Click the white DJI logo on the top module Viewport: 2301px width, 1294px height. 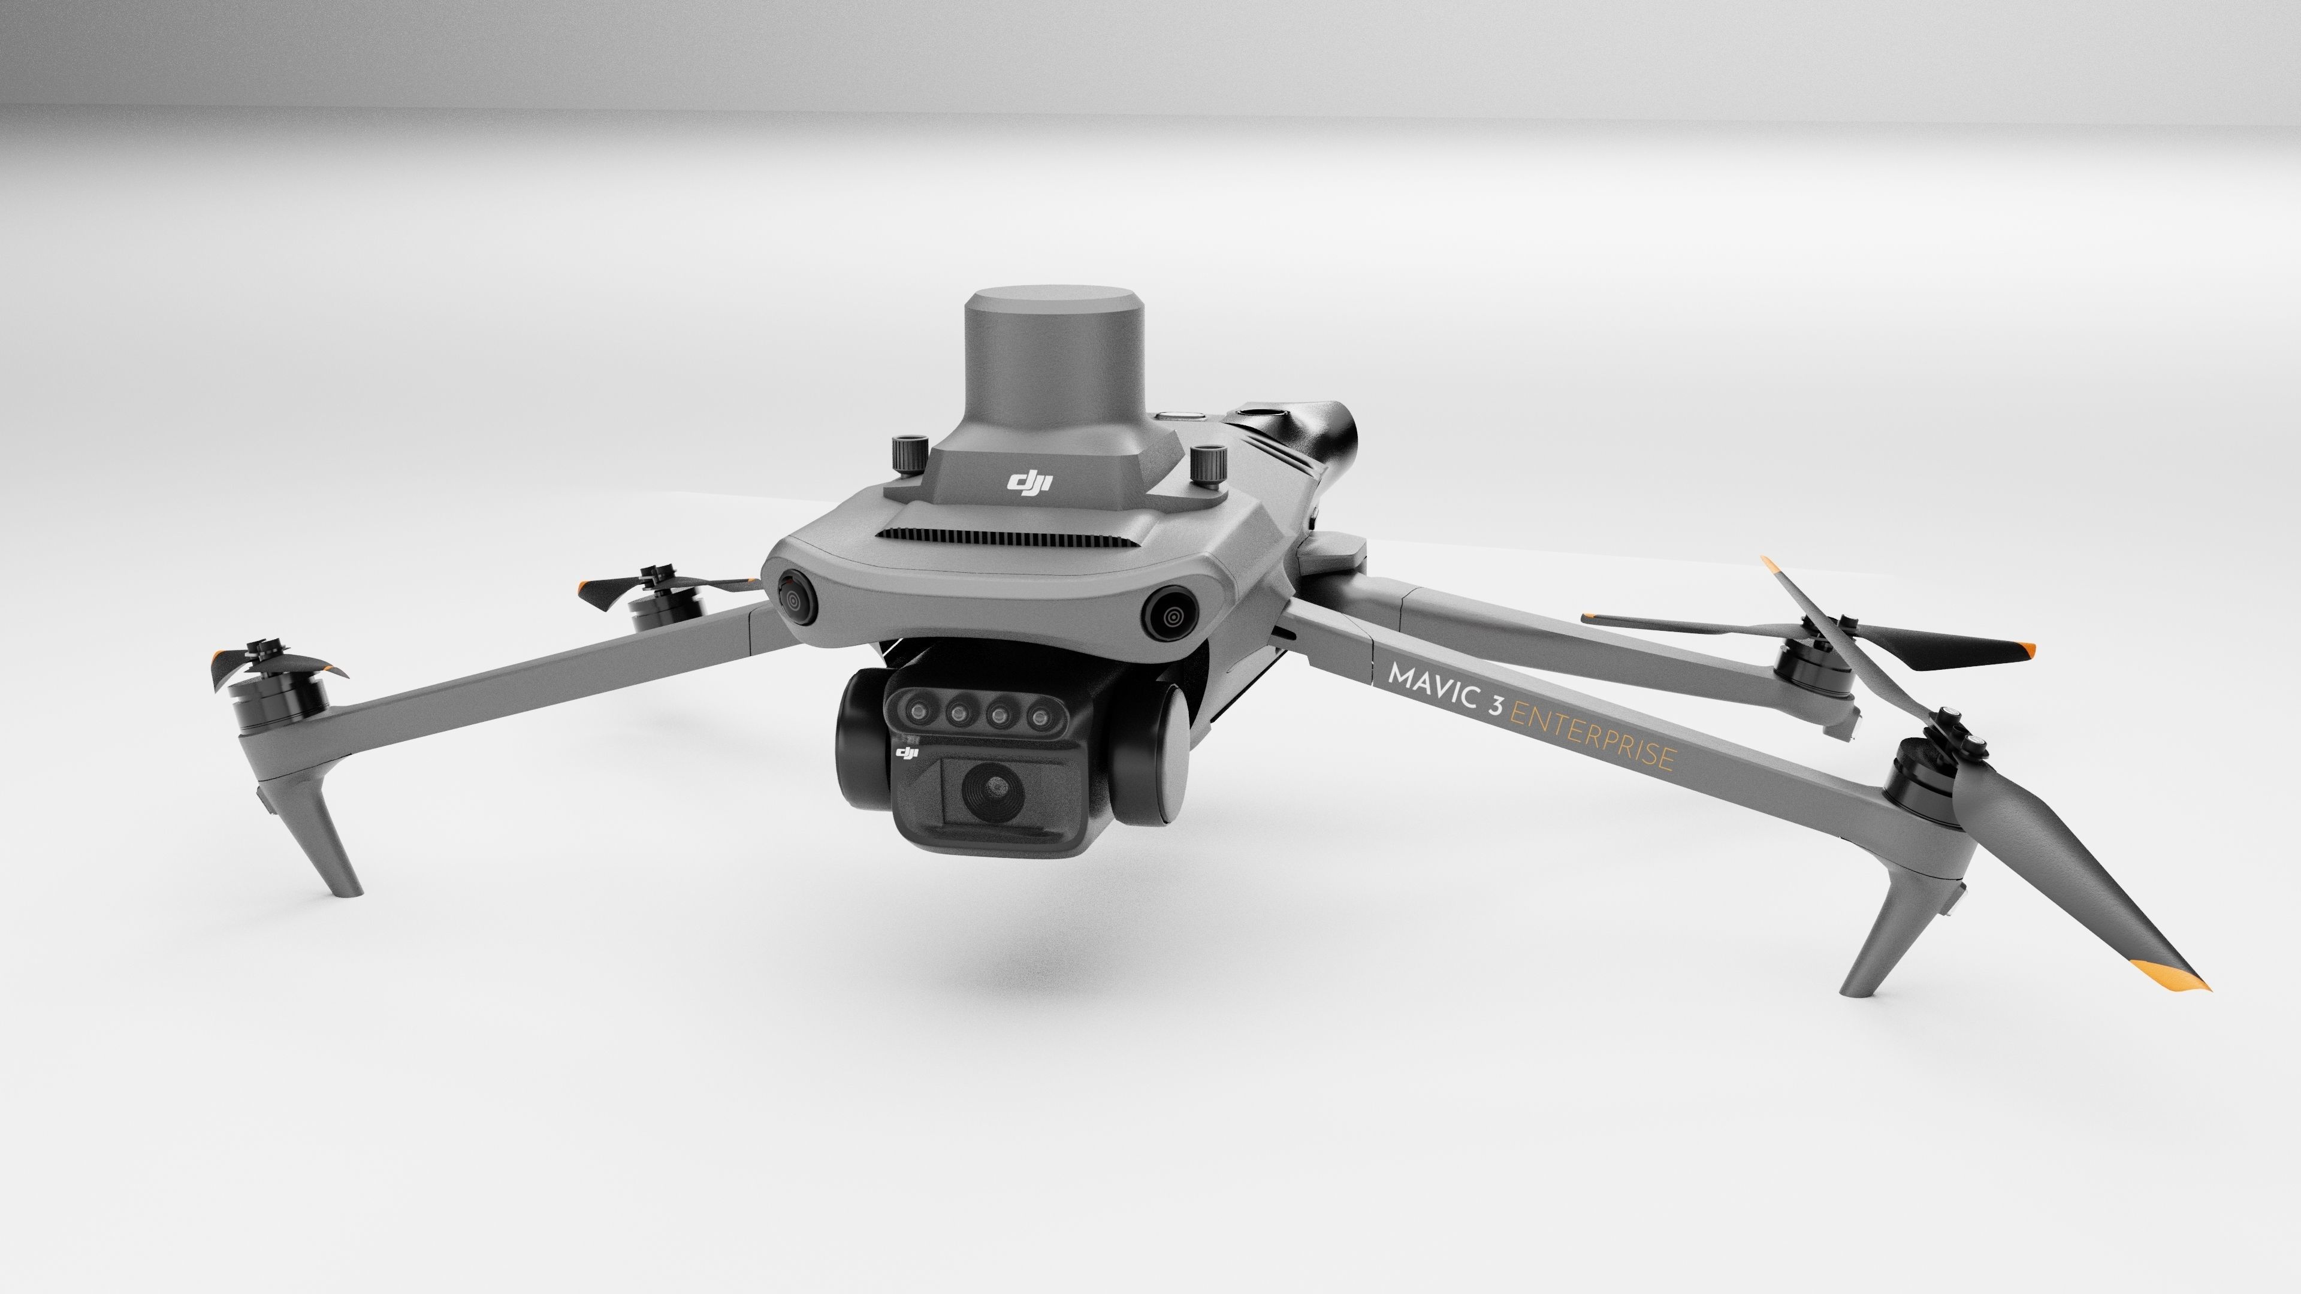(x=1030, y=483)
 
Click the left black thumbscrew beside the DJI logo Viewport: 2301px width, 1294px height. (x=908, y=453)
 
